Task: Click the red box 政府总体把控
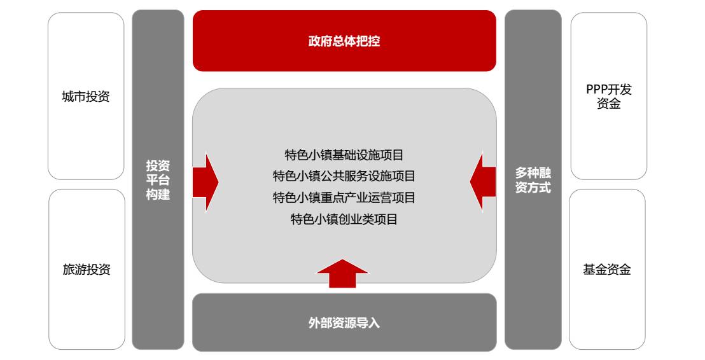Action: (344, 41)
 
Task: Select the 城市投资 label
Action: (86, 97)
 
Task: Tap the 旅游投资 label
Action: (87, 270)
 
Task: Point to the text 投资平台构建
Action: (158, 180)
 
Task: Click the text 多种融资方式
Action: (533, 180)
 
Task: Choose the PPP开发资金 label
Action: (609, 97)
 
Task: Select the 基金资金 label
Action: (607, 270)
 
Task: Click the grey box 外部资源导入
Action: (344, 323)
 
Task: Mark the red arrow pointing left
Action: (483, 181)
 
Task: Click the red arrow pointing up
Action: (342, 273)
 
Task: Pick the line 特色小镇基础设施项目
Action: (344, 155)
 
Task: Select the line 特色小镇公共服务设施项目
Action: (344, 176)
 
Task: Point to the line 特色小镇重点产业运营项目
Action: (344, 198)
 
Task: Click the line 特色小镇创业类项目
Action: (344, 219)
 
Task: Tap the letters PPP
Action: (596, 90)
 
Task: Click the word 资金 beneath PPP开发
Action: (609, 104)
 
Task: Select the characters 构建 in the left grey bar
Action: (158, 195)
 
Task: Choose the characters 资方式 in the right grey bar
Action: (533, 188)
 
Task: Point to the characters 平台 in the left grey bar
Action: (158, 180)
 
